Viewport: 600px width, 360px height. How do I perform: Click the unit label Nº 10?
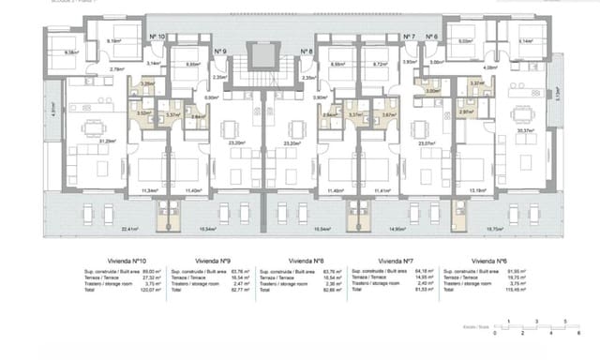tap(157, 37)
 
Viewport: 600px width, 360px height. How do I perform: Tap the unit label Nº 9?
tap(219, 52)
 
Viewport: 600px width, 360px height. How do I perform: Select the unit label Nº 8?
tap(306, 52)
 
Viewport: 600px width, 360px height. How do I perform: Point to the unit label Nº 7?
tap(408, 37)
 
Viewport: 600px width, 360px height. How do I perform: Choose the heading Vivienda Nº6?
tap(489, 262)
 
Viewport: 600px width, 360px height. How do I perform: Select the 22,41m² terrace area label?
tap(103, 228)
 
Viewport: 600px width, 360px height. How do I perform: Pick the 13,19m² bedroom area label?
tap(476, 190)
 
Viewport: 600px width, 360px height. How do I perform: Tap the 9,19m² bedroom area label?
tap(113, 41)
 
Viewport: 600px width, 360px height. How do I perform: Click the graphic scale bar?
tap(532, 325)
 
